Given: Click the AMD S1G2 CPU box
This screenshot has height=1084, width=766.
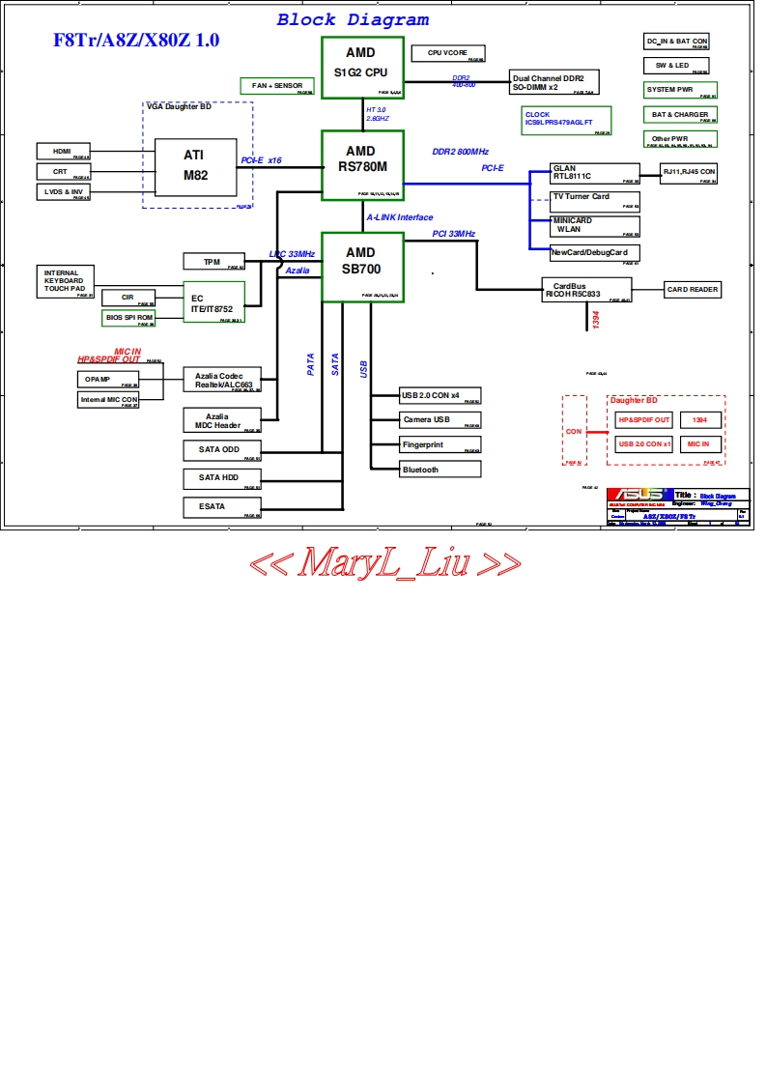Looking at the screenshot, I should [361, 67].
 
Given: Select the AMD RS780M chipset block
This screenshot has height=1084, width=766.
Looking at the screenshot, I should [361, 165].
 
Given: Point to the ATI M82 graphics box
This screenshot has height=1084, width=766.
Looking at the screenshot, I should [195, 166].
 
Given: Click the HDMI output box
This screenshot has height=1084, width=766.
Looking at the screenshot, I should [63, 151].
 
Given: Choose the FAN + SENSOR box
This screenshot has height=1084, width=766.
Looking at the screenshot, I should [276, 86].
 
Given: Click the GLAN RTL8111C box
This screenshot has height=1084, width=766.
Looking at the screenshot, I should [593, 174].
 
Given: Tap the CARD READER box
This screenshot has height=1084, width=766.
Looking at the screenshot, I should [693, 290].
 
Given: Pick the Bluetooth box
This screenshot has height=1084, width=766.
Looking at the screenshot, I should [440, 470].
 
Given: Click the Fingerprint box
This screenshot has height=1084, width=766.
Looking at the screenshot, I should [440, 444].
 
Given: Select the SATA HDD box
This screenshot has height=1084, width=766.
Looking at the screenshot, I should [222, 478].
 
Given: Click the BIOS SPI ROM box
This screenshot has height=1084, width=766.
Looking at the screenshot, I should [128, 318].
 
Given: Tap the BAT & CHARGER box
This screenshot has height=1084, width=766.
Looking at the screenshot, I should [680, 115].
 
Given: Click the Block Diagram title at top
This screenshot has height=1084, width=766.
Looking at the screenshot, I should [353, 19].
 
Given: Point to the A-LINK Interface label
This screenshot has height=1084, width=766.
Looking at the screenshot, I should [400, 217].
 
